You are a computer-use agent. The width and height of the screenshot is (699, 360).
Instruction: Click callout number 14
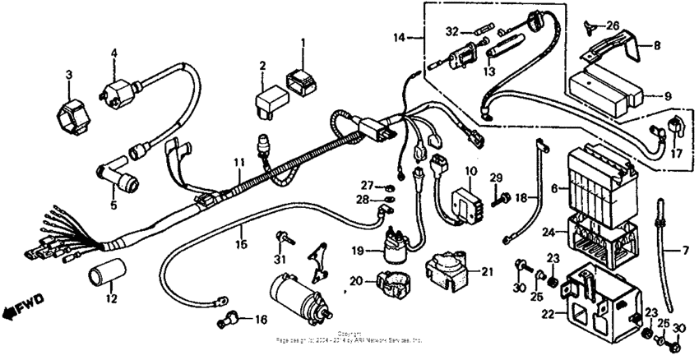(x=400, y=37)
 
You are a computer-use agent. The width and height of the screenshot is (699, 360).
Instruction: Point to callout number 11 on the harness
(x=238, y=163)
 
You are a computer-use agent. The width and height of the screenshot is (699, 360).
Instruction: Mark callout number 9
(x=667, y=95)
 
